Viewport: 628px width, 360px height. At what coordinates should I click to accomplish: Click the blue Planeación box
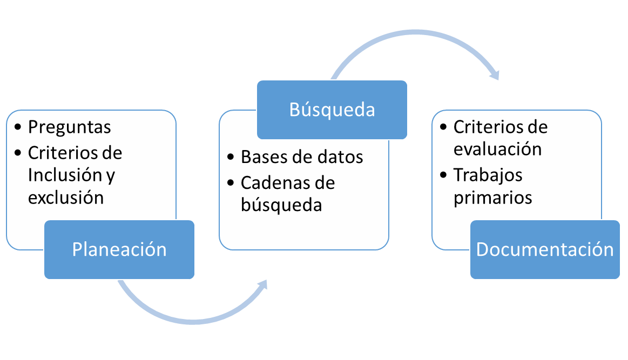pyautogui.click(x=119, y=249)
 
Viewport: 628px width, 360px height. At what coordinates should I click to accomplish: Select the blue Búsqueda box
pyautogui.click(x=332, y=110)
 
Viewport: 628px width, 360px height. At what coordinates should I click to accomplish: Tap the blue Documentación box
pyautogui.click(x=545, y=249)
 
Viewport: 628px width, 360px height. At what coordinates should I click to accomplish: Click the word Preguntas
pyautogui.click(x=69, y=127)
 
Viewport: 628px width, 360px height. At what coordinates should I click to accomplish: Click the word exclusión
pyautogui.click(x=66, y=198)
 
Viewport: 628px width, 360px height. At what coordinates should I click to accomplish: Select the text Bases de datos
pyautogui.click(x=302, y=157)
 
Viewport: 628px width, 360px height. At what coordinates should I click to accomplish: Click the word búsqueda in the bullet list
pyautogui.click(x=281, y=205)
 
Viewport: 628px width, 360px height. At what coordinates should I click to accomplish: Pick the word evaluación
pyautogui.click(x=497, y=149)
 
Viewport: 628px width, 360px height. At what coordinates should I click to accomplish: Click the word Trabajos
pyautogui.click(x=488, y=175)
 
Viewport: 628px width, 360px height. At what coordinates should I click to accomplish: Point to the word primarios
pyautogui.click(x=492, y=198)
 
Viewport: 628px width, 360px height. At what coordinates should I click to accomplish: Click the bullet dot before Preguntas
pyautogui.click(x=20, y=127)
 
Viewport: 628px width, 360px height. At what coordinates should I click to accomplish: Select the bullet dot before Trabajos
pyautogui.click(x=444, y=175)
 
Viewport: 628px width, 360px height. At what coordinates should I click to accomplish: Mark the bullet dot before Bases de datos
pyautogui.click(x=231, y=158)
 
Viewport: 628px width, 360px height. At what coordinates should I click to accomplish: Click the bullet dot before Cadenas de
pyautogui.click(x=231, y=184)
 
